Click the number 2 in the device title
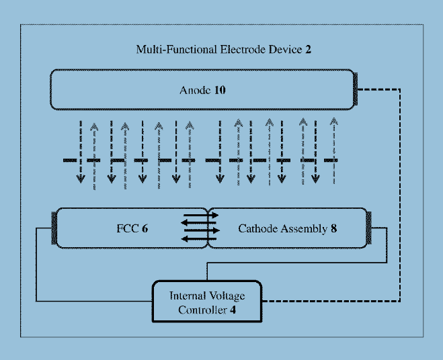coord(307,49)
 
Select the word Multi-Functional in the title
coord(168,49)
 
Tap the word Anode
coord(195,90)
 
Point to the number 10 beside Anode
coord(220,90)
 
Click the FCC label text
coord(127,228)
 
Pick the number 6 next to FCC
coord(145,228)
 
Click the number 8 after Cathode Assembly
coord(333,228)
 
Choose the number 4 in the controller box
coord(233,310)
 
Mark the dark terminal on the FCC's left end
coord(56,228)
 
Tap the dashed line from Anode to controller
coord(401,201)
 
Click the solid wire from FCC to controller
coord(36,269)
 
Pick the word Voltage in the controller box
coord(227,296)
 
